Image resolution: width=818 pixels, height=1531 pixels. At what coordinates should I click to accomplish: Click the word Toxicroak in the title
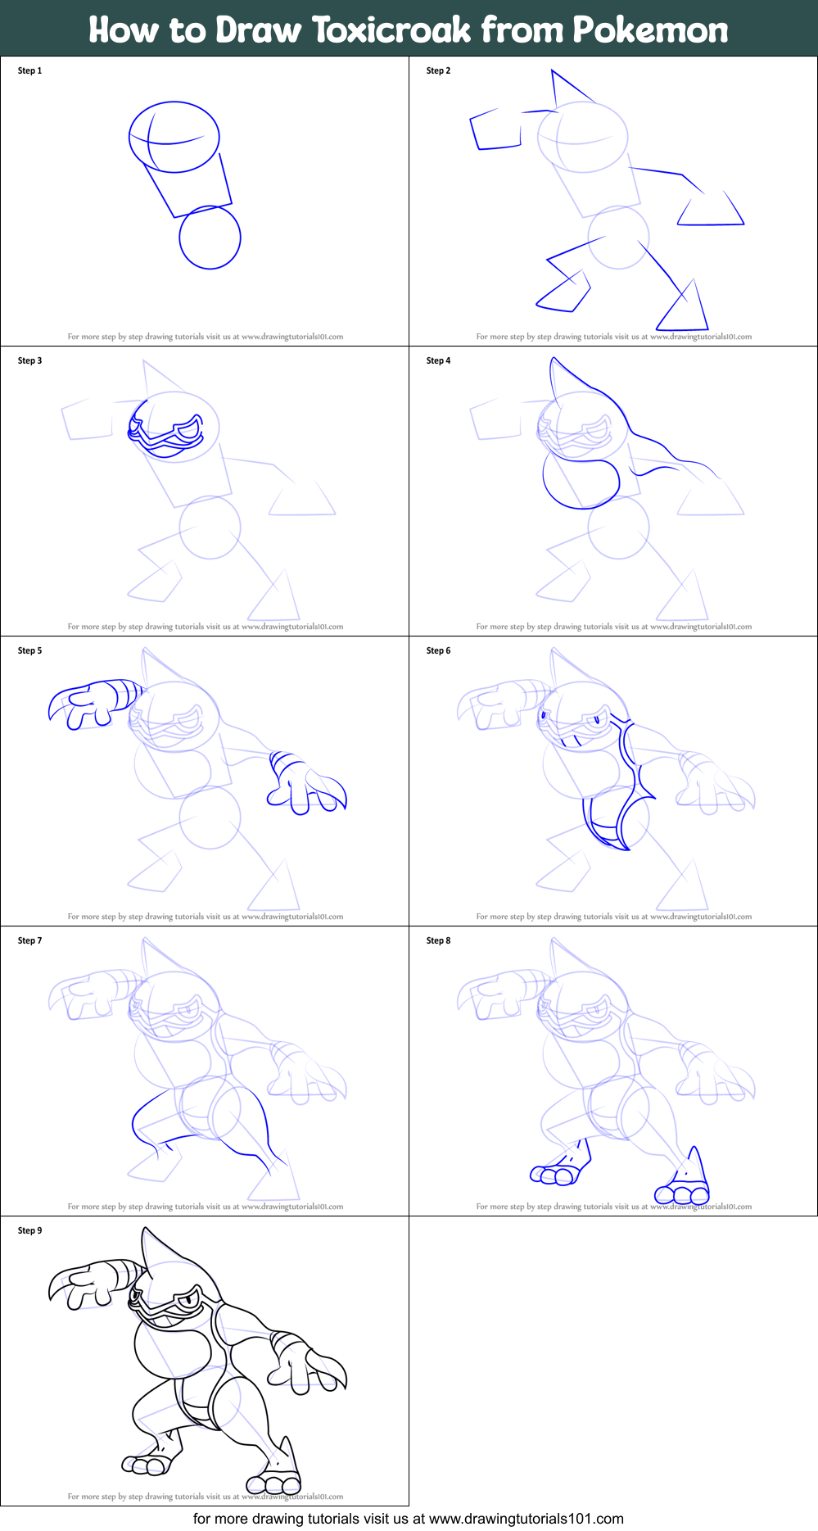click(392, 29)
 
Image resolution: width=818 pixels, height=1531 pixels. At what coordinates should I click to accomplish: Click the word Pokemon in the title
click(650, 29)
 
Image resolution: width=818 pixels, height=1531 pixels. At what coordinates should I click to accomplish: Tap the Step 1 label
click(29, 70)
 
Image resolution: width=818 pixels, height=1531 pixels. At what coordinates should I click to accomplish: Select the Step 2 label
click(438, 70)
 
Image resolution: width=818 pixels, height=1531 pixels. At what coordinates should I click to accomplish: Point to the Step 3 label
click(29, 360)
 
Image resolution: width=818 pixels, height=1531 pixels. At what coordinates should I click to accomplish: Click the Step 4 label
click(438, 360)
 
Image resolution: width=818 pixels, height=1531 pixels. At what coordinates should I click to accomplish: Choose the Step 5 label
click(29, 650)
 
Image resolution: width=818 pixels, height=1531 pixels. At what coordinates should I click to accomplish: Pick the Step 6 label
click(438, 650)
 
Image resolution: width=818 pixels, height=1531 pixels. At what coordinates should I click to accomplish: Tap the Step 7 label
click(29, 940)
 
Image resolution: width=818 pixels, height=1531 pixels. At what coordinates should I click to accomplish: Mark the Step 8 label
click(438, 940)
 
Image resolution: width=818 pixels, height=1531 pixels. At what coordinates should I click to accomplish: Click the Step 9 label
click(29, 1230)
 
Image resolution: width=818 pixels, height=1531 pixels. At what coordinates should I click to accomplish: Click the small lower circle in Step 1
click(210, 238)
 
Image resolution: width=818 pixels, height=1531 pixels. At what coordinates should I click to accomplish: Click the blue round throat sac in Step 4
click(580, 483)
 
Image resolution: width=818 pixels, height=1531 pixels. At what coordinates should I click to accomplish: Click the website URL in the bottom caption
click(526, 1519)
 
